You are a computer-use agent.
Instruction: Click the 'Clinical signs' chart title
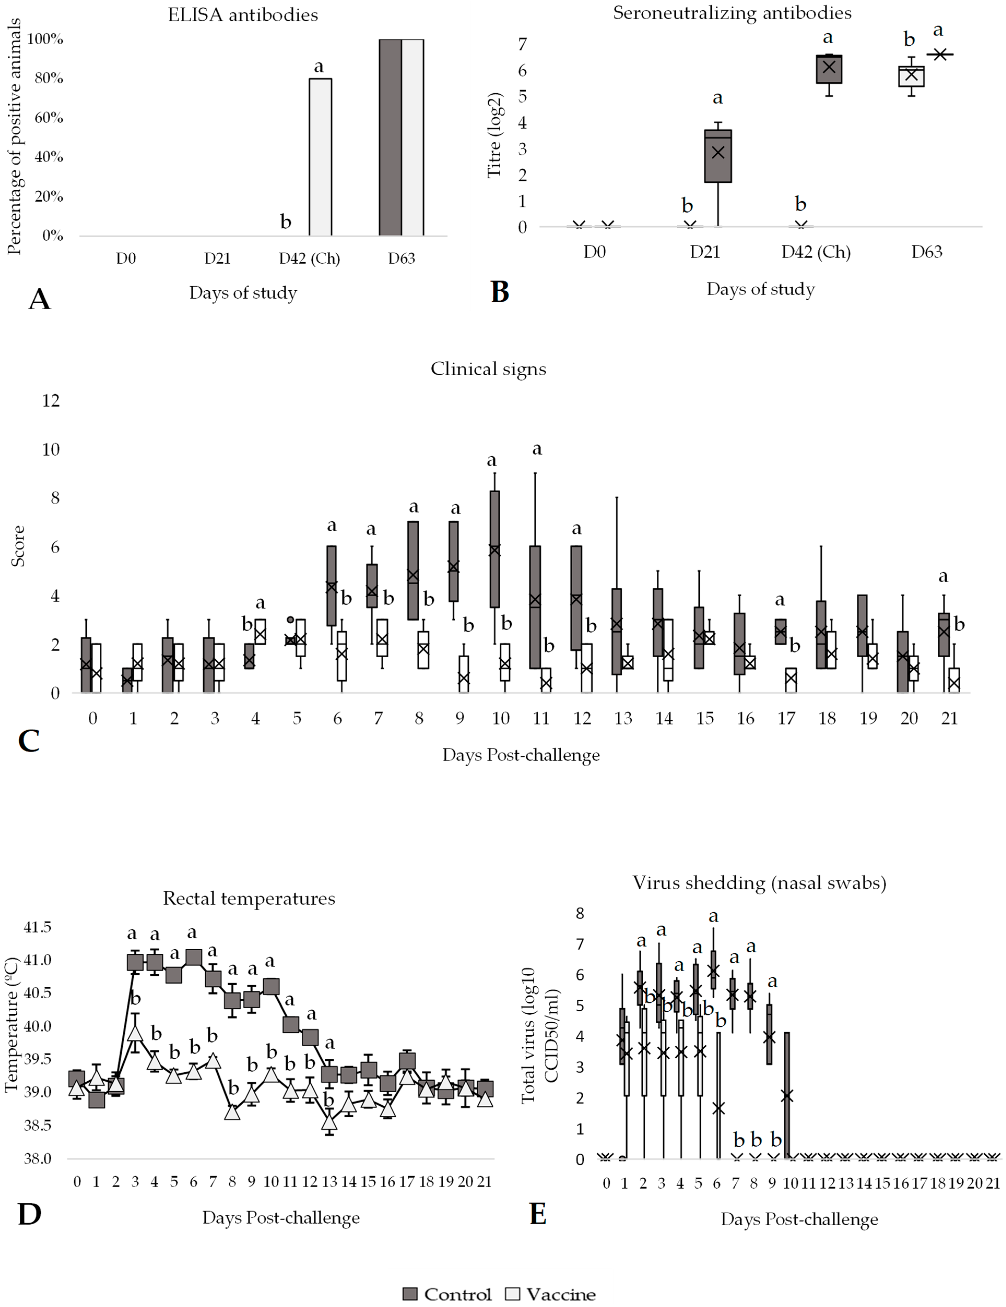pyautogui.click(x=488, y=369)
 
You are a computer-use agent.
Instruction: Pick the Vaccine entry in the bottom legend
pyautogui.click(x=551, y=1294)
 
